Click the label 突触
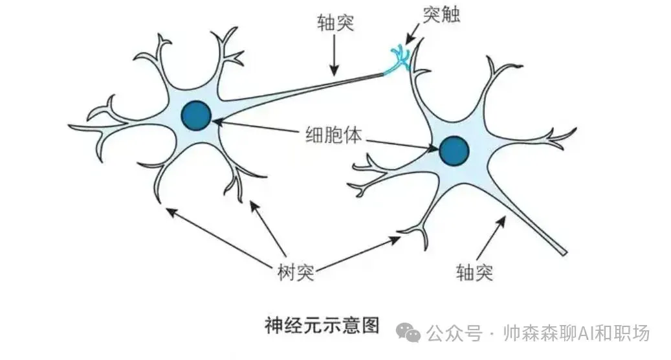point(441,14)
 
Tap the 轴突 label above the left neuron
point(335,22)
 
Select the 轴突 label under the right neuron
point(474,272)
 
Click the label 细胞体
point(333,134)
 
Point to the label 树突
point(296,272)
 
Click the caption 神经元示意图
point(322,325)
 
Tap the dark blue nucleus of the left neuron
point(196,116)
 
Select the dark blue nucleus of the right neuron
point(454,151)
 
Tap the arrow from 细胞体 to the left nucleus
point(256,126)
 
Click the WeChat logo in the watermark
point(408,333)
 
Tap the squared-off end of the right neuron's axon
point(564,252)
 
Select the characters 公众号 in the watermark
point(454,333)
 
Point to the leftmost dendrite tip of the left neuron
point(69,126)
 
